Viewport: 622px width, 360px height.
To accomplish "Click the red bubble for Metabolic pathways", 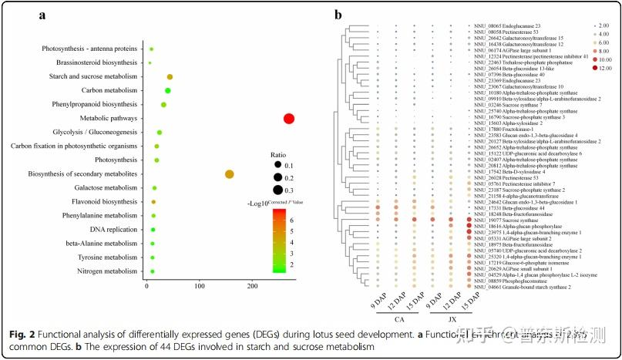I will pyautogui.click(x=288, y=118).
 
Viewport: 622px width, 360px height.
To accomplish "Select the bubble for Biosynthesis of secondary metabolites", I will pyautogui.click(x=229, y=174).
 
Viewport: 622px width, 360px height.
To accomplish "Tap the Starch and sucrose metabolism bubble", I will pyautogui.click(x=170, y=76).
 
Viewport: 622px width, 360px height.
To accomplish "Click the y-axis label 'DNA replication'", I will pyautogui.click(x=113, y=230).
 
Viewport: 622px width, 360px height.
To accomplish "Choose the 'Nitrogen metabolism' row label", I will pyautogui.click(x=105, y=271).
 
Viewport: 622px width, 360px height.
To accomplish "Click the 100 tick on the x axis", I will pyautogui.click(x=200, y=286).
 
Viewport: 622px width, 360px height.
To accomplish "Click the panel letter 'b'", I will pyautogui.click(x=338, y=14).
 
